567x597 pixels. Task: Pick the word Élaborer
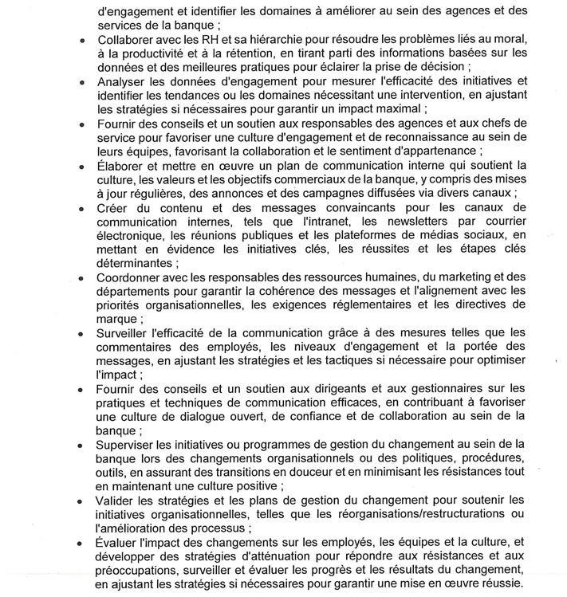tap(123, 166)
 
